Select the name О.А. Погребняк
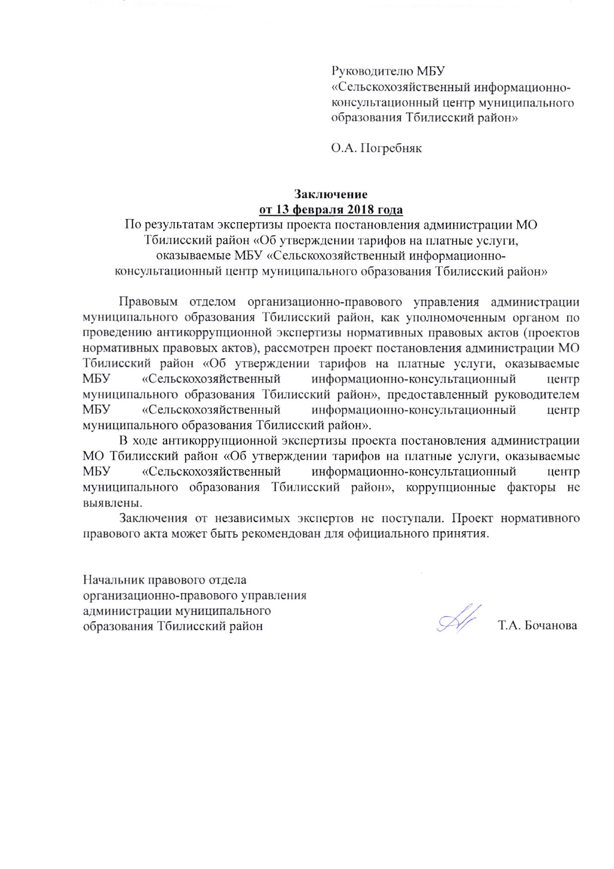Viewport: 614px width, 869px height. click(x=377, y=148)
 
